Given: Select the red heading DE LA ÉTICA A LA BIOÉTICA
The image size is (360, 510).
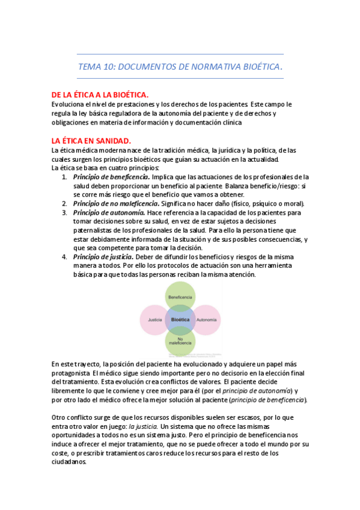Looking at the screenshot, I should pyautogui.click(x=100, y=95).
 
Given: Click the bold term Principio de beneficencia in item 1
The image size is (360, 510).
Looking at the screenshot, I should pyautogui.click(x=111, y=177).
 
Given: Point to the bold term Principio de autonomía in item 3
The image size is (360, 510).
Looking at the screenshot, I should pyautogui.click(x=109, y=213).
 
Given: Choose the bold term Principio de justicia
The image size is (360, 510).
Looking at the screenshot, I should pyautogui.click(x=105, y=257).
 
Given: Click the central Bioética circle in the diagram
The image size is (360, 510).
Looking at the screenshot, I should pyautogui.click(x=180, y=319).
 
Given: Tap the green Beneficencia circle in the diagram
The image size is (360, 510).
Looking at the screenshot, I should pyautogui.click(x=180, y=297).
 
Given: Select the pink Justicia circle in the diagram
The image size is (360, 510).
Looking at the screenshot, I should pyautogui.click(x=154, y=319).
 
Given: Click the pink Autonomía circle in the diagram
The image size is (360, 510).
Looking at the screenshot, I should pyautogui.click(x=206, y=319).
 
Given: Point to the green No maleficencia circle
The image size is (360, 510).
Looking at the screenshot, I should pyautogui.click(x=180, y=341).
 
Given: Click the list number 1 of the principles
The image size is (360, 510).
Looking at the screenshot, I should pyautogui.click(x=64, y=177).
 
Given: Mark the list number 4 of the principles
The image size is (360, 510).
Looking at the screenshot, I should pyautogui.click(x=64, y=257).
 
